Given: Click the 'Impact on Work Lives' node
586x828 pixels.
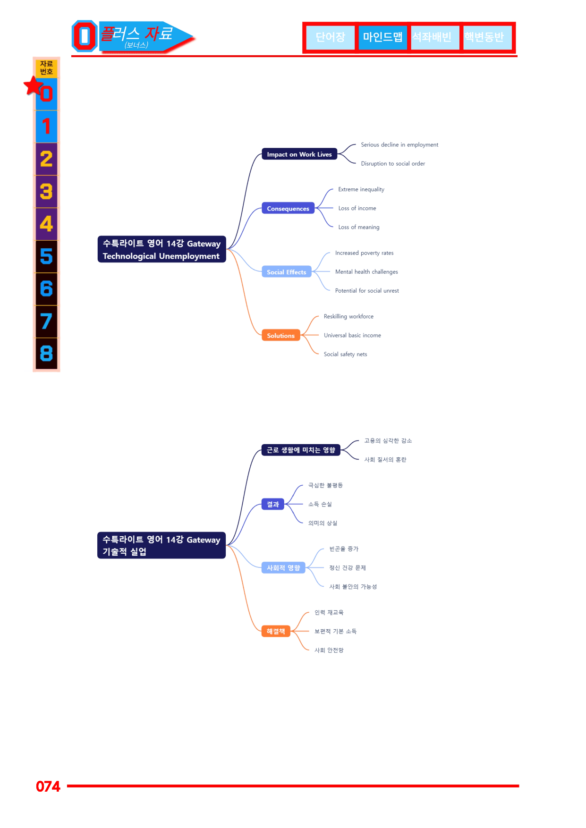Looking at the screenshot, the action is click(299, 154).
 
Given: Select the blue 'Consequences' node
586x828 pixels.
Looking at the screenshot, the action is click(288, 208).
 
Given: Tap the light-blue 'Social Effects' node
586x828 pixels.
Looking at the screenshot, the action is click(287, 272).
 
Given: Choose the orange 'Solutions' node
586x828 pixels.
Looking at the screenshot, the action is click(281, 335).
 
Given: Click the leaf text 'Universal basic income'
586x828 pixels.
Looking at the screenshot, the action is click(352, 335).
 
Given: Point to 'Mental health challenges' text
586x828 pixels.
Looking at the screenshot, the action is click(366, 272).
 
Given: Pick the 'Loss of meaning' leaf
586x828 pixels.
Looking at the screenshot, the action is click(359, 227).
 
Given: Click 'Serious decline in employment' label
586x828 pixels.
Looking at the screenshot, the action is click(399, 145).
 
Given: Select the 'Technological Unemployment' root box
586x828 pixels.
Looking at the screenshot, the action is click(161, 249).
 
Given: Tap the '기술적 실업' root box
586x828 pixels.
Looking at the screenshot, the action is click(161, 545).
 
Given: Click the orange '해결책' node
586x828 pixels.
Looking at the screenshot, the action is click(276, 631).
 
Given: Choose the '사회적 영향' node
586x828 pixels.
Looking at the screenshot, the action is click(283, 567).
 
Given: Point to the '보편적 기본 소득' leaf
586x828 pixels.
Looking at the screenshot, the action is click(336, 631).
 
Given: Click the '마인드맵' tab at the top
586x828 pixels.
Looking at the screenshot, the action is click(382, 37).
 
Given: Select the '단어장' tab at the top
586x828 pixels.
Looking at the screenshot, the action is click(330, 37).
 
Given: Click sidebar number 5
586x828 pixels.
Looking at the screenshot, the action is click(46, 256).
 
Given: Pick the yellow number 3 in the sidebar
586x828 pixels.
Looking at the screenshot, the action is click(46, 191).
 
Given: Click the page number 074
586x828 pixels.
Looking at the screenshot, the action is click(48, 786).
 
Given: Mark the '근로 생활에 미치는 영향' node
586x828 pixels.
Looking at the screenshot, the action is click(301, 450).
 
